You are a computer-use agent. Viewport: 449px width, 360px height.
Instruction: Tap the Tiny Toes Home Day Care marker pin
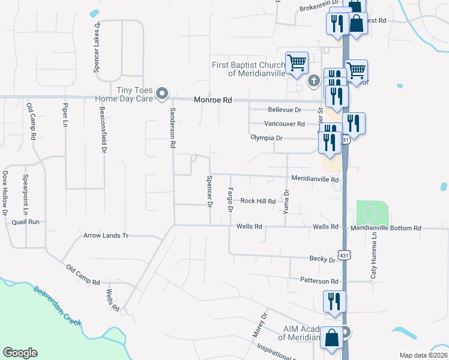(x=161, y=94)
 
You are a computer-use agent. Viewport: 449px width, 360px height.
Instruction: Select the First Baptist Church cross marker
(x=313, y=80)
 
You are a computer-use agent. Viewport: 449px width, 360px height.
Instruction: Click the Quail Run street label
(x=25, y=222)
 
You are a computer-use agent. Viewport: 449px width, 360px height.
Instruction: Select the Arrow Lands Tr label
(x=106, y=236)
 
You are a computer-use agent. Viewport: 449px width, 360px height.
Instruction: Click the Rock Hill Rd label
(x=258, y=202)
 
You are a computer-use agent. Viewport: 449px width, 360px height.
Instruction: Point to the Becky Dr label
(x=322, y=260)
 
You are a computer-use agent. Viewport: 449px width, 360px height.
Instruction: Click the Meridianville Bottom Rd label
(x=387, y=229)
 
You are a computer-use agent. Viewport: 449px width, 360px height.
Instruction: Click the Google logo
(x=20, y=353)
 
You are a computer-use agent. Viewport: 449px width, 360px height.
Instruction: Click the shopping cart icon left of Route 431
(x=297, y=62)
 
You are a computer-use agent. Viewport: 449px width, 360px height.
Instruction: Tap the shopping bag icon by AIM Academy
(x=332, y=338)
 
